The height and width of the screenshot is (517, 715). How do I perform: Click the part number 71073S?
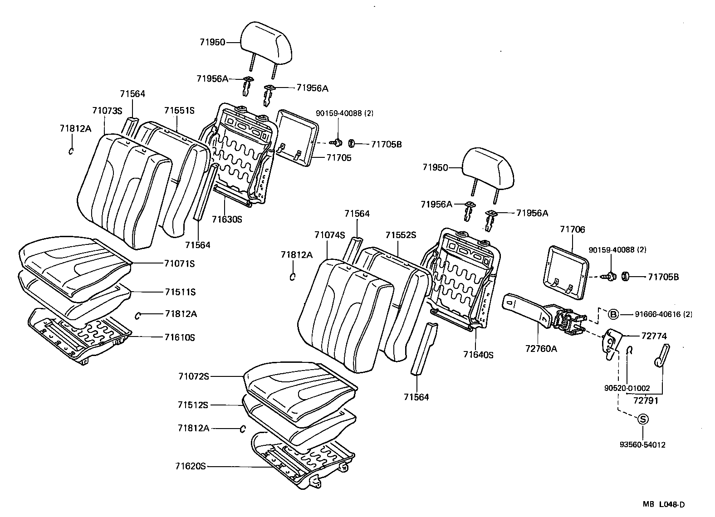pos(107,111)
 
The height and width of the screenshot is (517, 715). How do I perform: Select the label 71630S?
pos(227,219)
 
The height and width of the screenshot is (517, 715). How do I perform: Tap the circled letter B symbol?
pos(613,314)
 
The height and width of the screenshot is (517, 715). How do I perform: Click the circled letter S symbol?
pos(643,419)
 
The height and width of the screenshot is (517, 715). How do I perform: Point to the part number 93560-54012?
pos(643,445)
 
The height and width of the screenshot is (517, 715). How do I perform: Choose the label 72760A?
pos(541,348)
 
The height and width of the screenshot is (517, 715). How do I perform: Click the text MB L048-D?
pos(663,504)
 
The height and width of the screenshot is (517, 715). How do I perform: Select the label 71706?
pos(572,230)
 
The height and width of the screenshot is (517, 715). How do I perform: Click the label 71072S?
pos(193,376)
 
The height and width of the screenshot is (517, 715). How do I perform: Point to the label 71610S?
pos(180,337)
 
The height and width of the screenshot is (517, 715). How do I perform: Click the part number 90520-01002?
pos(627,388)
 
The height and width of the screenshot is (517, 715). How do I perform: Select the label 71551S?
pos(179,110)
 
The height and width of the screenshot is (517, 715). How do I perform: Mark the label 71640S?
pos(478,354)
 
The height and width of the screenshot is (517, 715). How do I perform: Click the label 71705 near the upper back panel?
pos(338,158)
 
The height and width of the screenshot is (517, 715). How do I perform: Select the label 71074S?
pos(329,235)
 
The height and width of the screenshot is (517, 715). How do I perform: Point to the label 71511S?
pos(180,292)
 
